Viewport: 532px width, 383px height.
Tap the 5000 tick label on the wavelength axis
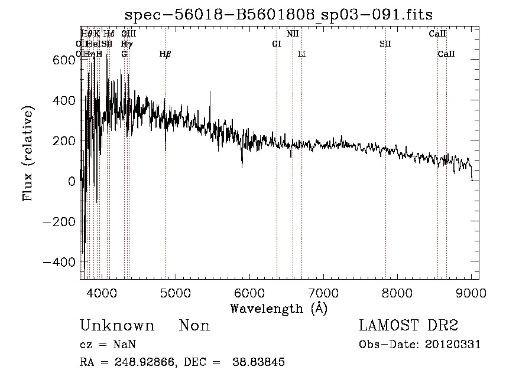click(176, 292)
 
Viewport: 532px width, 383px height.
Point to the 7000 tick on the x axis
click(323, 292)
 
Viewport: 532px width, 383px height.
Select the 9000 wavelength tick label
click(471, 292)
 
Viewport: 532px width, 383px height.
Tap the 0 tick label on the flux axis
click(72, 181)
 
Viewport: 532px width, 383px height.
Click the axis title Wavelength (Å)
click(278, 308)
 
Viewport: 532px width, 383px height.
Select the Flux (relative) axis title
click(28, 153)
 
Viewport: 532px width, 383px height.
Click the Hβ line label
click(166, 54)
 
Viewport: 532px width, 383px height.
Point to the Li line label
click(301, 54)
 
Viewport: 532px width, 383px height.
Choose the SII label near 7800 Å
click(385, 44)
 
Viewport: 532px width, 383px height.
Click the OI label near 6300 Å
click(276, 44)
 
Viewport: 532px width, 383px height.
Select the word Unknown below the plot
click(117, 326)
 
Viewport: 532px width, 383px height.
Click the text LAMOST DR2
click(408, 326)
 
